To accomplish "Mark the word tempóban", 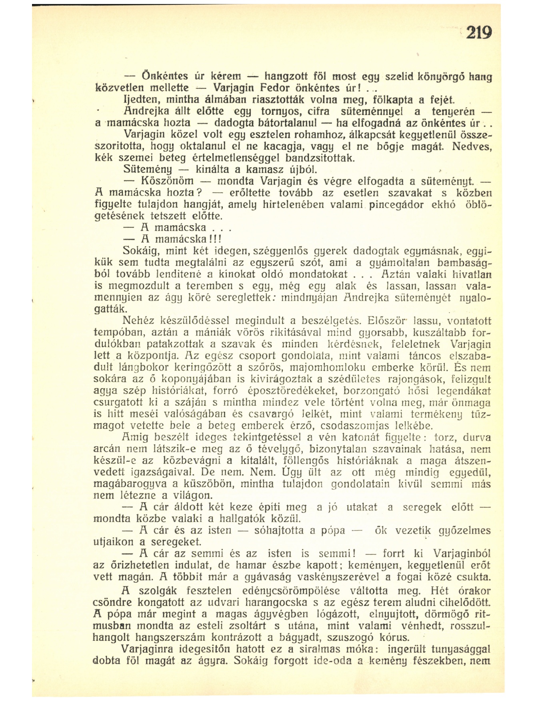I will coord(113,332).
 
